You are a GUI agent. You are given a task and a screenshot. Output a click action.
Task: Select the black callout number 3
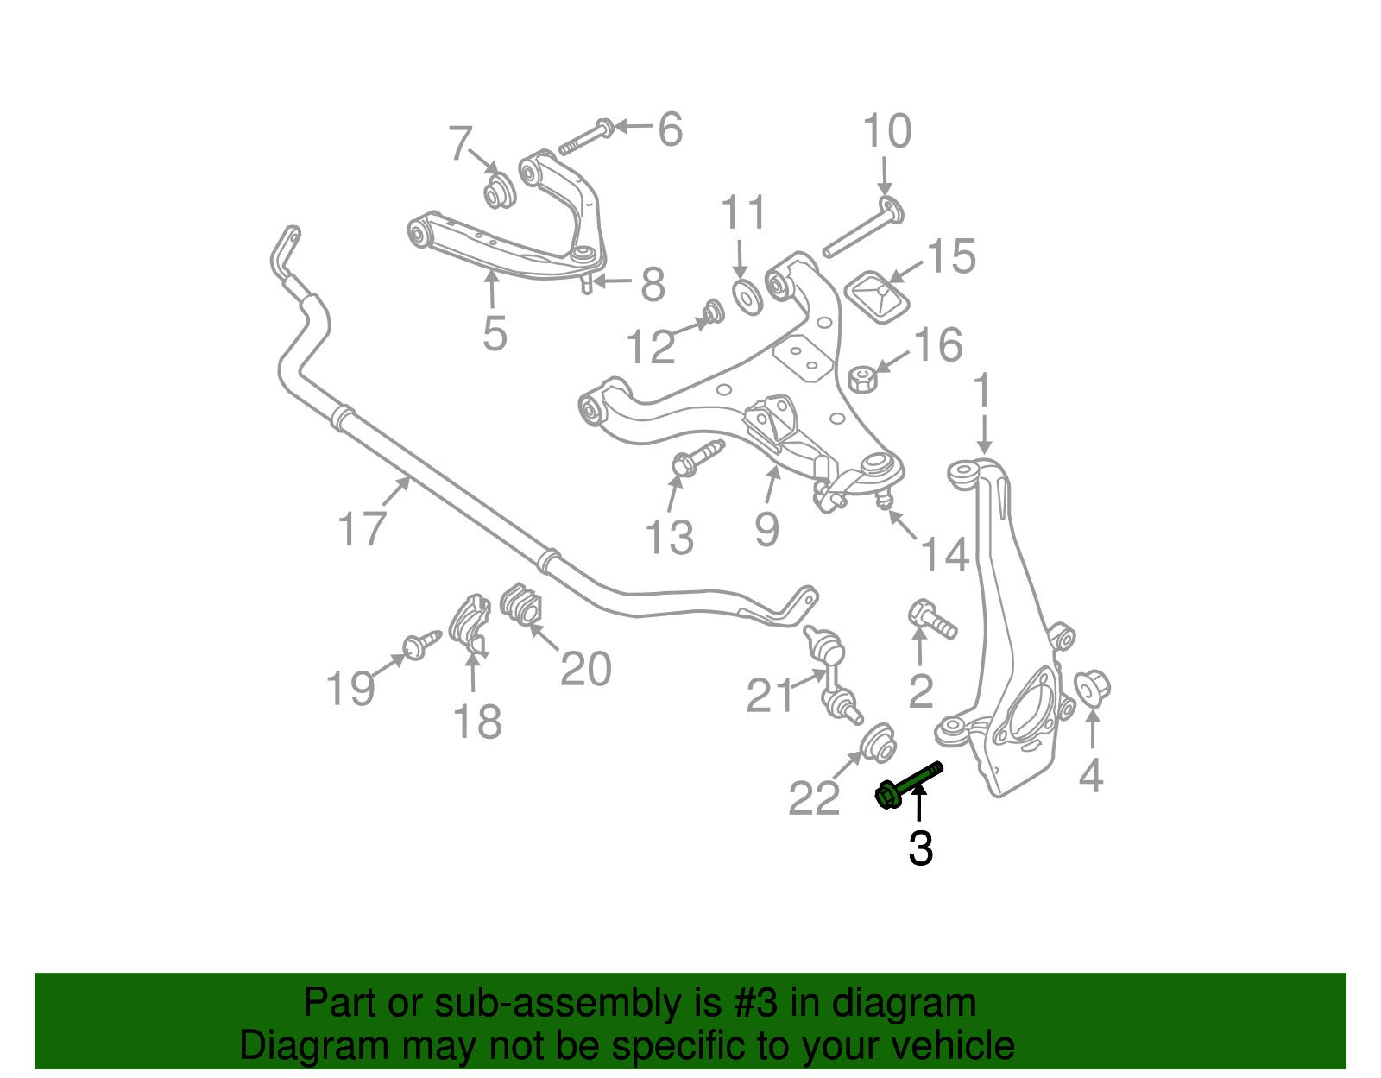click(x=920, y=849)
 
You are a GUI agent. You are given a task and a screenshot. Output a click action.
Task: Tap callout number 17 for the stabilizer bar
click(x=361, y=528)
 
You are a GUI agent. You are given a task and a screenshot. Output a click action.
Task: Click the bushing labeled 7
click(x=496, y=192)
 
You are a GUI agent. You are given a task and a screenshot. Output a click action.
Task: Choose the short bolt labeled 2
click(x=930, y=618)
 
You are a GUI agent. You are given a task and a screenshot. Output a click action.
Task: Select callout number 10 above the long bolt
click(x=886, y=132)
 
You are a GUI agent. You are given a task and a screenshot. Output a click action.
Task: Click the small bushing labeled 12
click(x=713, y=311)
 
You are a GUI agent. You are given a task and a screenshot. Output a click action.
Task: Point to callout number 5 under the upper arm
click(x=494, y=333)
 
